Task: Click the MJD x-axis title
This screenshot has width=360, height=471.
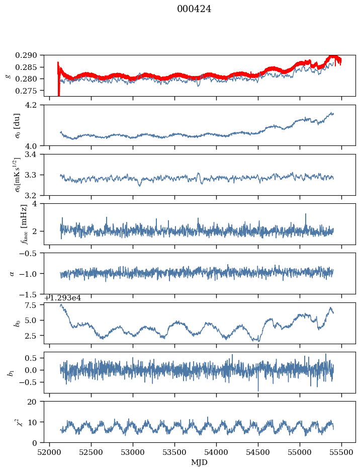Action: (200, 462)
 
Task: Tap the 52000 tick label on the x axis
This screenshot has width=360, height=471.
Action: (49, 453)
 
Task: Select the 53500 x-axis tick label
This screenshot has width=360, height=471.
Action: (175, 453)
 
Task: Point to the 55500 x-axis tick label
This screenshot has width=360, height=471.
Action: (342, 453)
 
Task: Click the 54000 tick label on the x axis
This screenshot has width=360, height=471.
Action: (217, 453)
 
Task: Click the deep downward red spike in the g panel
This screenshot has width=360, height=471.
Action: (59, 91)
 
